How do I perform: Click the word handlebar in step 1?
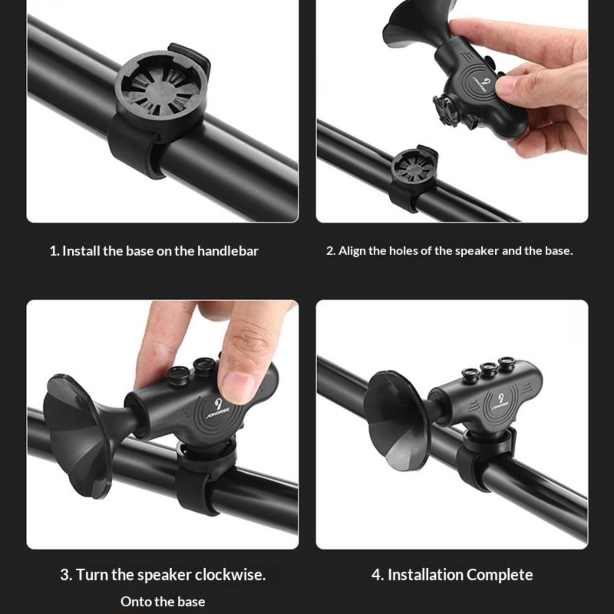pyautogui.click(x=228, y=251)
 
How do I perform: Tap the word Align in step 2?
pyautogui.click(x=352, y=251)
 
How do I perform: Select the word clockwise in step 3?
pyautogui.click(x=230, y=575)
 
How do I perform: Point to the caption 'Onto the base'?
pyautogui.click(x=163, y=601)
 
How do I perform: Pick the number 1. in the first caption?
pyautogui.click(x=54, y=251)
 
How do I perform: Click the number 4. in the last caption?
pyautogui.click(x=378, y=575)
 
